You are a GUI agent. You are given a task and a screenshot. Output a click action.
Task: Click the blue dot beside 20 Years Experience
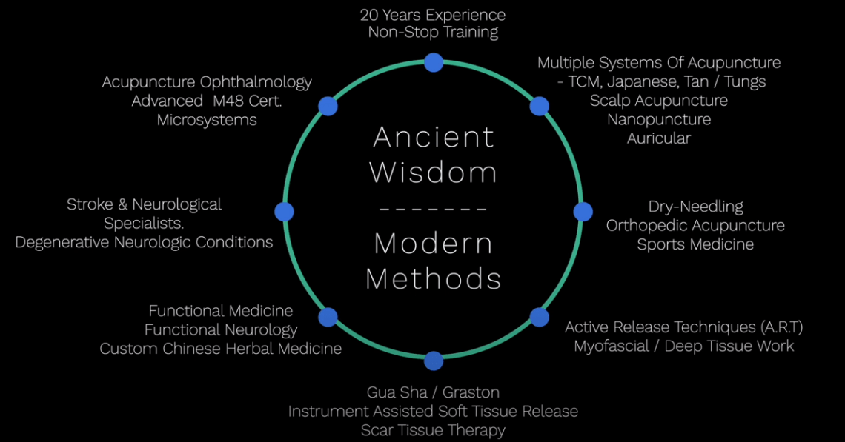click(434, 62)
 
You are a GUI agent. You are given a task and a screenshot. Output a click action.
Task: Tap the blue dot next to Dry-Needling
click(583, 212)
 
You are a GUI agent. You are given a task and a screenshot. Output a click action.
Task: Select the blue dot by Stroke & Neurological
click(284, 212)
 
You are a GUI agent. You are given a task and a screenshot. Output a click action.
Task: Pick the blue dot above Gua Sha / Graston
click(434, 361)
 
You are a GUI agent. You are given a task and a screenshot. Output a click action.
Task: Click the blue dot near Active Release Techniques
click(540, 318)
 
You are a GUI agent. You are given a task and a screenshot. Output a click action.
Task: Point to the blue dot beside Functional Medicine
click(328, 318)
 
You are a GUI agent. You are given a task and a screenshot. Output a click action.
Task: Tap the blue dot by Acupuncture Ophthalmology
click(328, 106)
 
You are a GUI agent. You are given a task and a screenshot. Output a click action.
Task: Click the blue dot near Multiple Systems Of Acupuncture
click(540, 106)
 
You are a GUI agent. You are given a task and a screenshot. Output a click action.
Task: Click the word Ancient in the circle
click(434, 138)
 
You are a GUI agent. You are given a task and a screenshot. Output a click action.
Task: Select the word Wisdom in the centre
click(434, 173)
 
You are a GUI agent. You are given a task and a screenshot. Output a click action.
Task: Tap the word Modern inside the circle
click(434, 244)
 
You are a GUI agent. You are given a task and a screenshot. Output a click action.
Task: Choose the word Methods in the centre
click(434, 279)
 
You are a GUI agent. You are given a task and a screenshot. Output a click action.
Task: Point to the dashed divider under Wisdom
click(434, 209)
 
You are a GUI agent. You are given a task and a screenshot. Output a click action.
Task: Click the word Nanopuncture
click(658, 119)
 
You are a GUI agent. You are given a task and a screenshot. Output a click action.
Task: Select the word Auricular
click(658, 138)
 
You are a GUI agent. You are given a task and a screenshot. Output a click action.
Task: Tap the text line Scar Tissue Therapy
click(433, 430)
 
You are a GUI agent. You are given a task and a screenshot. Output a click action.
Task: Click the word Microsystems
click(207, 120)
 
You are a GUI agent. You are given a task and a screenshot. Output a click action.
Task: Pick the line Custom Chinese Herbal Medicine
click(221, 349)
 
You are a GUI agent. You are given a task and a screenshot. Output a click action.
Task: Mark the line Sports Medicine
click(695, 244)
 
